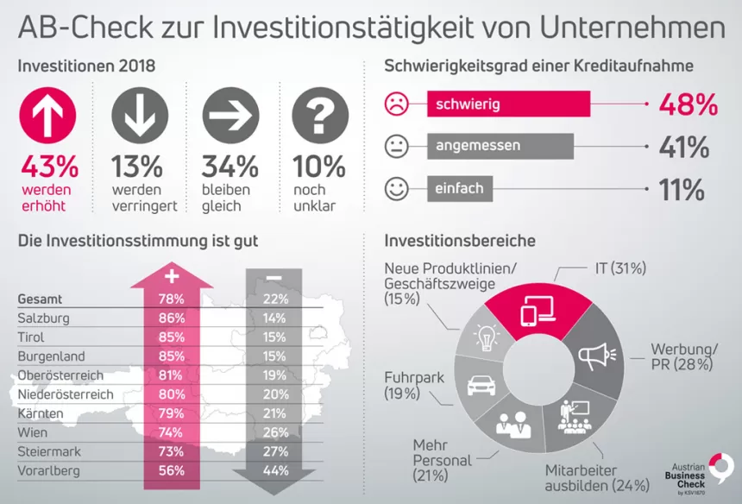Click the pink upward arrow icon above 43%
coord(48,118)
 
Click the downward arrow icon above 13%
coord(140,118)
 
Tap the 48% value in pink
coord(688,104)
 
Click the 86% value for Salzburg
coord(171,318)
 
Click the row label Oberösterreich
coord(60,375)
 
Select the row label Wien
coord(33,432)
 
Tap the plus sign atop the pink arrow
coord(171,276)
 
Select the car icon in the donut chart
coord(481,384)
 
